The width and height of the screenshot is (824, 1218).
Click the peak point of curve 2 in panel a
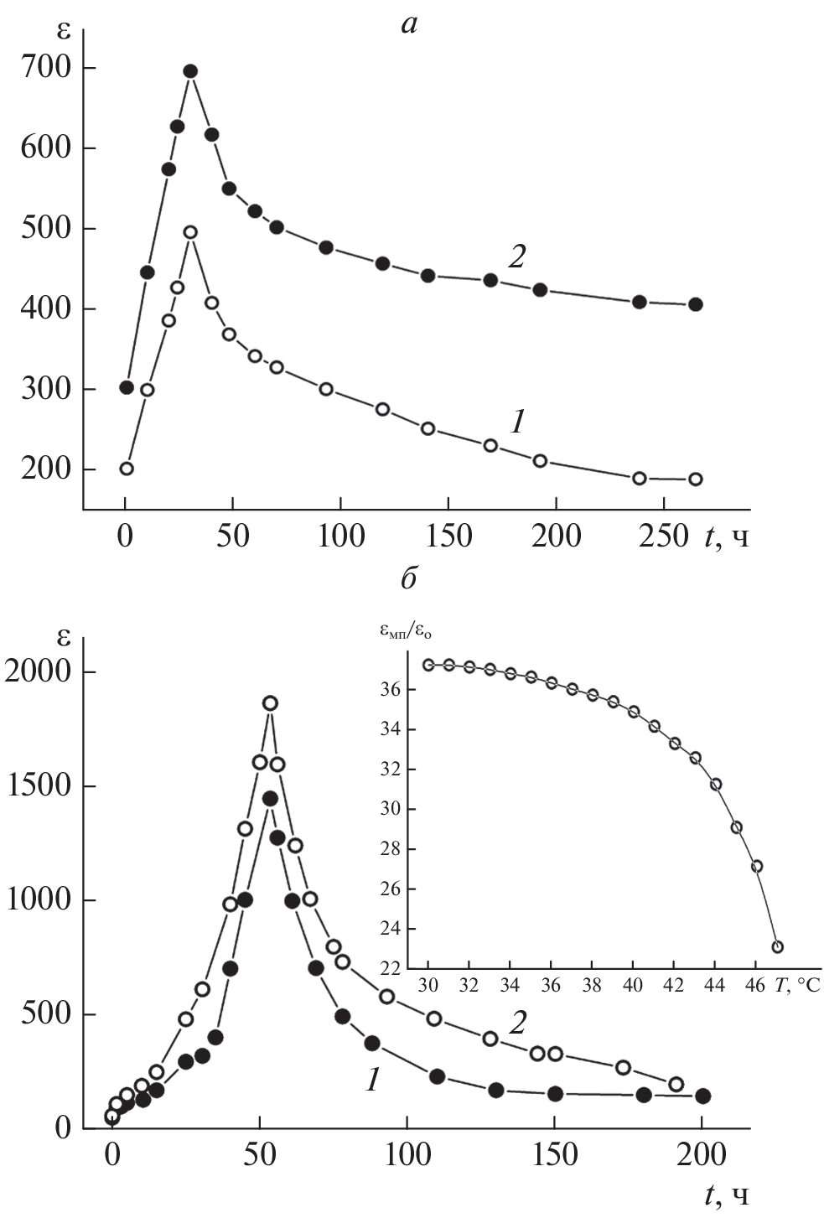point(190,71)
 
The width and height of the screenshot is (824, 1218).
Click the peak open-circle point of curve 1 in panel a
point(190,232)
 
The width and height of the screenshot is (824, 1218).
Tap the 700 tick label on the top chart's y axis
point(48,68)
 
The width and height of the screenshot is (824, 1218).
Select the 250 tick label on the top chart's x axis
point(663,536)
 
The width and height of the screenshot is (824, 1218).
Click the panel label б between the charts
point(409,578)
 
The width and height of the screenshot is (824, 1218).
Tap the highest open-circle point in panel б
point(270,703)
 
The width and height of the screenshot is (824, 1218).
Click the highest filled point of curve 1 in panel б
point(270,799)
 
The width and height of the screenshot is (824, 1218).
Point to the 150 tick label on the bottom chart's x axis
point(555,1155)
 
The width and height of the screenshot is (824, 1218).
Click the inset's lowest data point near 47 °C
point(777,947)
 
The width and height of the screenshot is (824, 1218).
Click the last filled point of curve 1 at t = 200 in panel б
point(702,1096)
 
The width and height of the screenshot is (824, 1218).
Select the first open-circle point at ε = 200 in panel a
point(127,469)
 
